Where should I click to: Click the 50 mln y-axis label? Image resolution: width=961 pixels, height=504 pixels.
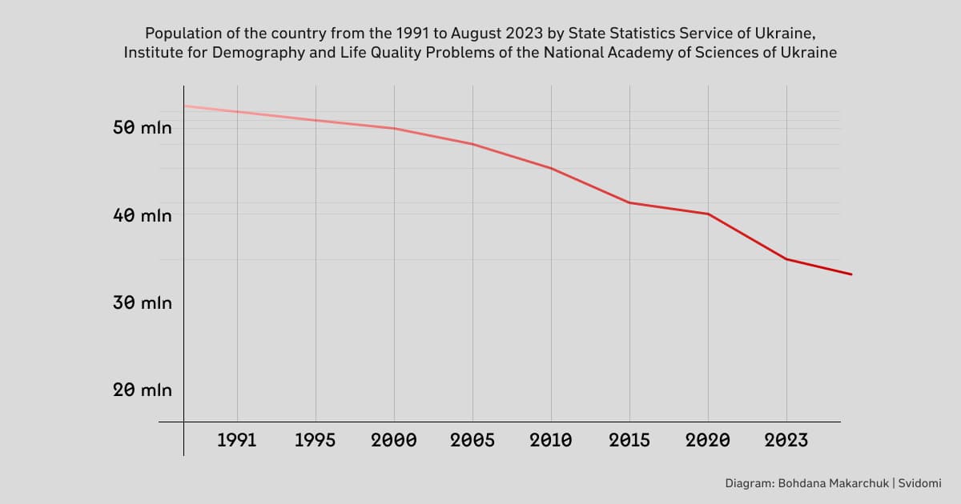[x=142, y=127]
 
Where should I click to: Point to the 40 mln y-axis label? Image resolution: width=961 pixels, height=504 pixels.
[x=142, y=215]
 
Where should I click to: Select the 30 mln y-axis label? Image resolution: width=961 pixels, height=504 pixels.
[x=142, y=303]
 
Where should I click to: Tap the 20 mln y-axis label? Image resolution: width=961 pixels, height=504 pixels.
[x=142, y=390]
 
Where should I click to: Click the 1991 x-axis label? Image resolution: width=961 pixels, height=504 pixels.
[x=237, y=440]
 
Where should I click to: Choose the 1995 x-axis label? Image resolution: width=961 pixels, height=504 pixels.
[x=316, y=440]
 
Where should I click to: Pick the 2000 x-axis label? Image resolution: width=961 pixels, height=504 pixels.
[x=394, y=440]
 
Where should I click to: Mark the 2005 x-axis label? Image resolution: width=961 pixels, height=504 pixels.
[x=472, y=440]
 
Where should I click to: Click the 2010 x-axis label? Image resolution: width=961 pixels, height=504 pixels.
[x=551, y=440]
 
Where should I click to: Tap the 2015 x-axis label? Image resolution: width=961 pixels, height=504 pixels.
[x=629, y=440]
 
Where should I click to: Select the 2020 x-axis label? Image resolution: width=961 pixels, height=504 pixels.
[x=708, y=440]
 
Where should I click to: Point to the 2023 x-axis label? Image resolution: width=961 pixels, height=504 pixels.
[x=786, y=440]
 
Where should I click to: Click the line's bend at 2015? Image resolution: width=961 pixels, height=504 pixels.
[x=629, y=202]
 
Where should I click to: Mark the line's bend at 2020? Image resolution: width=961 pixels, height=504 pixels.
[x=708, y=214]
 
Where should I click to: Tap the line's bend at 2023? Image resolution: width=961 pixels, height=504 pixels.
[x=786, y=259]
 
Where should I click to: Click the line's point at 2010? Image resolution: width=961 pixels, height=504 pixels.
[x=551, y=168]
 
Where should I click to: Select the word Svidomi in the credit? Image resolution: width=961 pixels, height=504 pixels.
[x=919, y=483]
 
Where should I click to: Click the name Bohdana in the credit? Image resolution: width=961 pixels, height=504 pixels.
[x=802, y=483]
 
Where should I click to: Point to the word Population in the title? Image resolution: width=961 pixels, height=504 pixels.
[x=177, y=34]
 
